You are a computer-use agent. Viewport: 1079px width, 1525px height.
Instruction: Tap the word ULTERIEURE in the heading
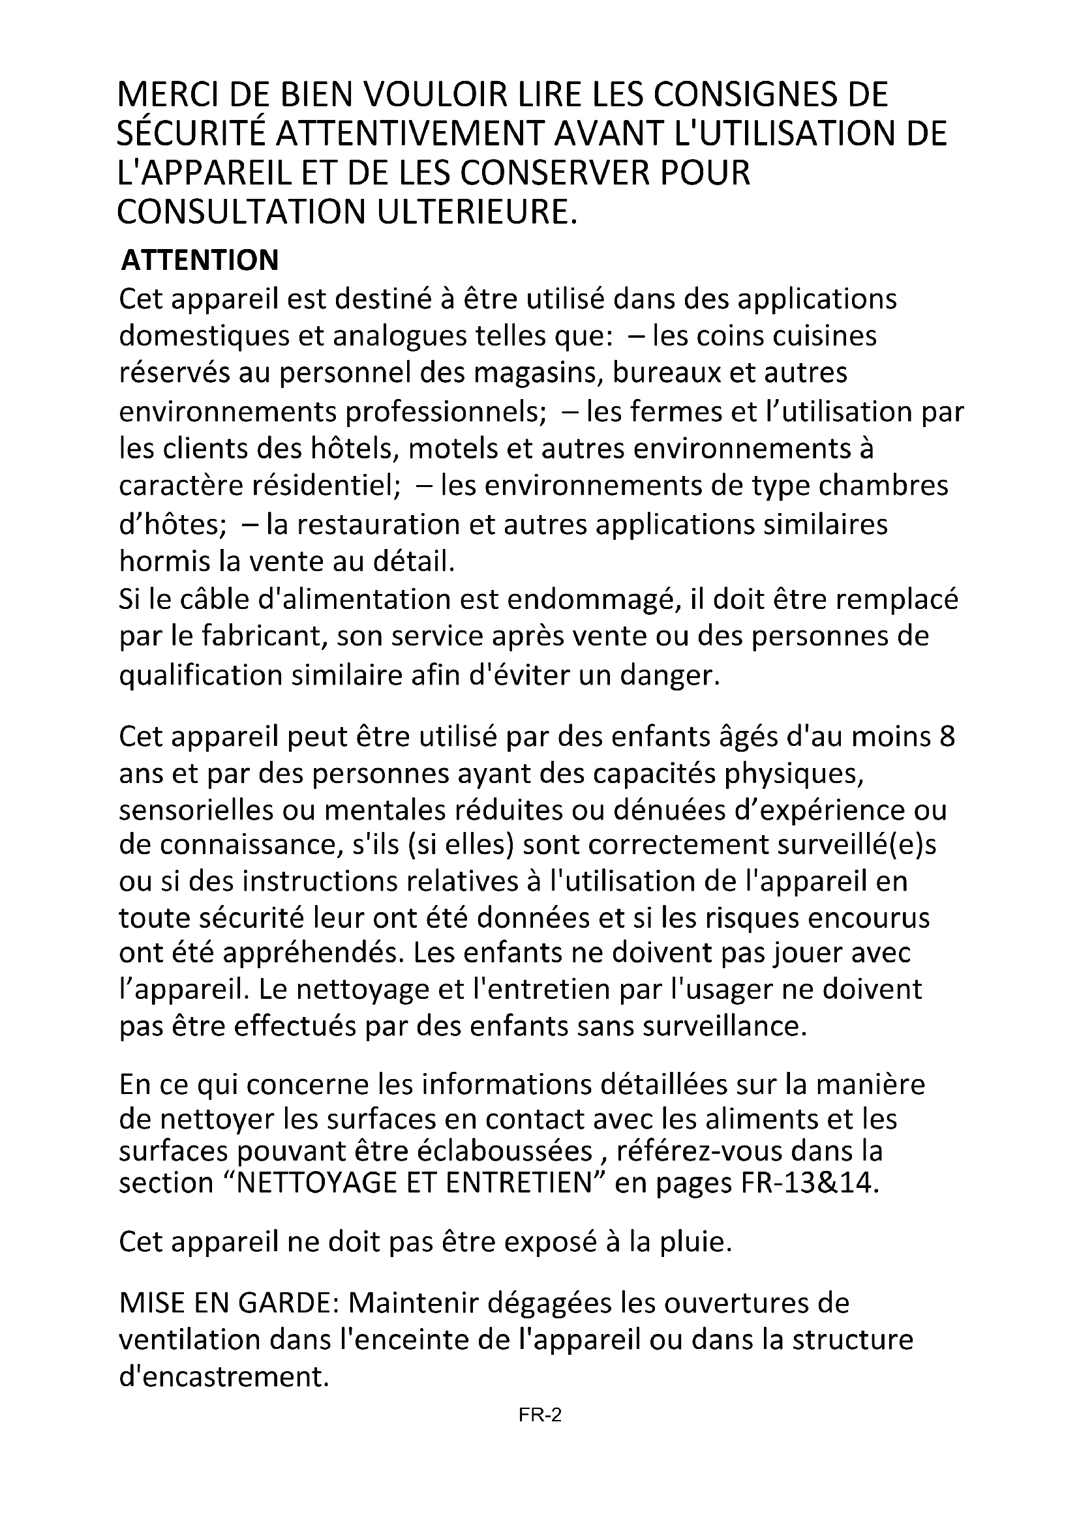point(474,212)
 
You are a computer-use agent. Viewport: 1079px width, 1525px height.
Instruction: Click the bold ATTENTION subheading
point(200,260)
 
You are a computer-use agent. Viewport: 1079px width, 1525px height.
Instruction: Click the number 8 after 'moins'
point(947,737)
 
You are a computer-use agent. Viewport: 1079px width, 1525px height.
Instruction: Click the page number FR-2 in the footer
point(540,1416)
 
